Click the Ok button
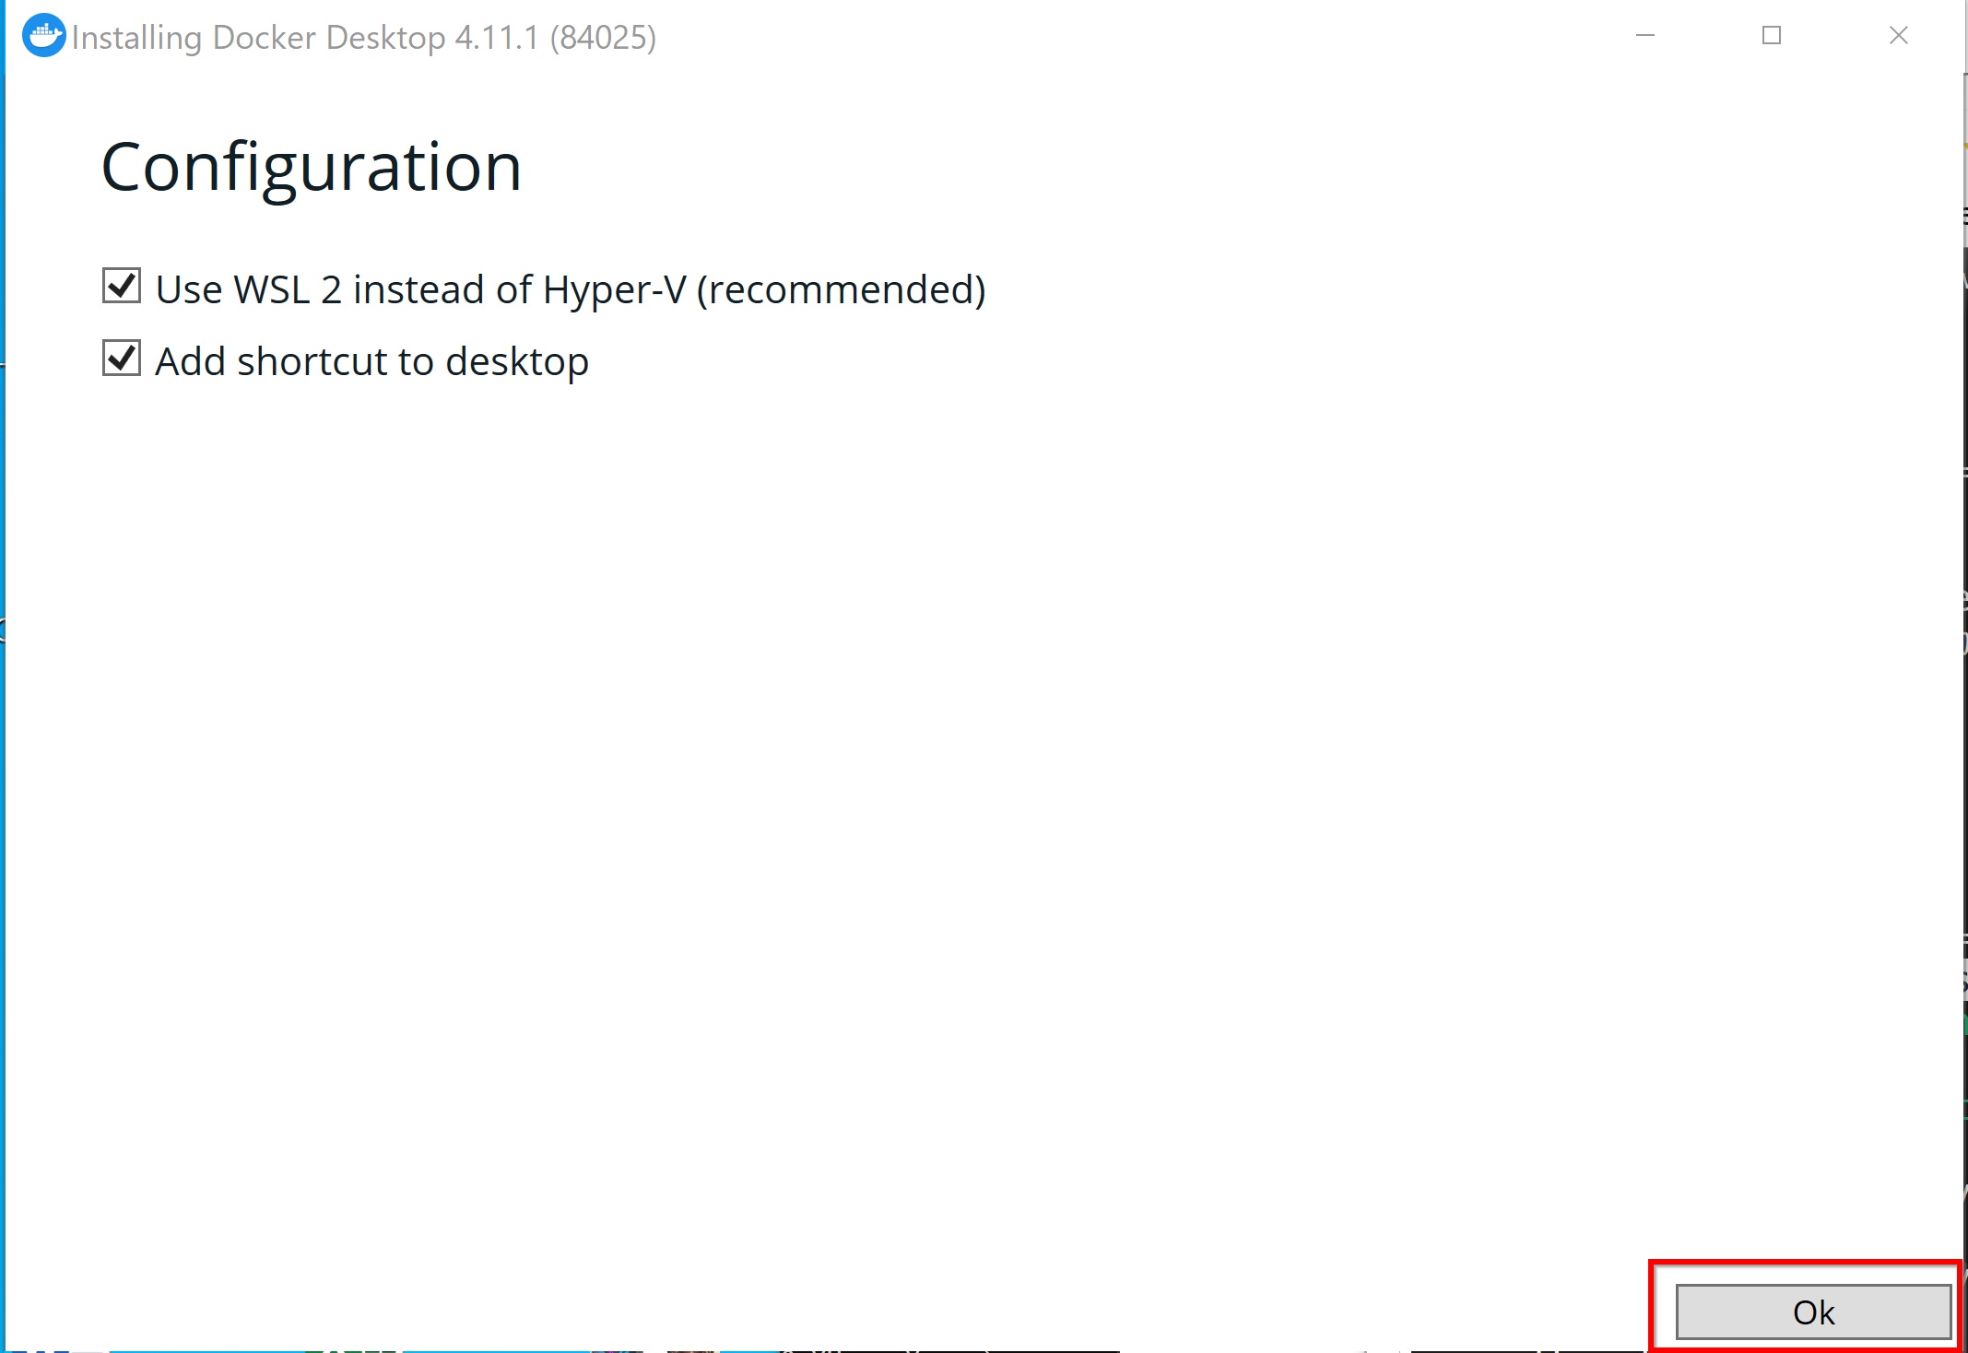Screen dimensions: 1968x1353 point(1813,1312)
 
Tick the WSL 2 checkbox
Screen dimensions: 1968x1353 point(122,286)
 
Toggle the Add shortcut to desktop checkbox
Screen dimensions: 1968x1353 point(122,358)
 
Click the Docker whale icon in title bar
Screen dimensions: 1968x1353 point(43,36)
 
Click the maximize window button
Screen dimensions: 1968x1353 point(1772,35)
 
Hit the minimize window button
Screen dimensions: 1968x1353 point(1645,35)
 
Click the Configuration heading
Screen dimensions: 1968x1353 point(312,168)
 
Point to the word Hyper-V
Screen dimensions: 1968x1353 point(615,289)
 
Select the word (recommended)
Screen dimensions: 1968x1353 point(842,289)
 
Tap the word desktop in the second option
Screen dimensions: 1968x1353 point(517,362)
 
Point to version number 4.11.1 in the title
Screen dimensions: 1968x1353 point(497,38)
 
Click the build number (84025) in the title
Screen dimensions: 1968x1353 point(604,38)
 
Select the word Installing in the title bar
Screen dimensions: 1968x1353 point(137,39)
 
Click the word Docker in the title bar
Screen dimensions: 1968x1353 point(265,38)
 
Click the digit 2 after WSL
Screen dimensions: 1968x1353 point(332,290)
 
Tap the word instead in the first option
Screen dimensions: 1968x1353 point(419,289)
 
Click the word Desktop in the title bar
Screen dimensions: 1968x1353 point(386,39)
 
